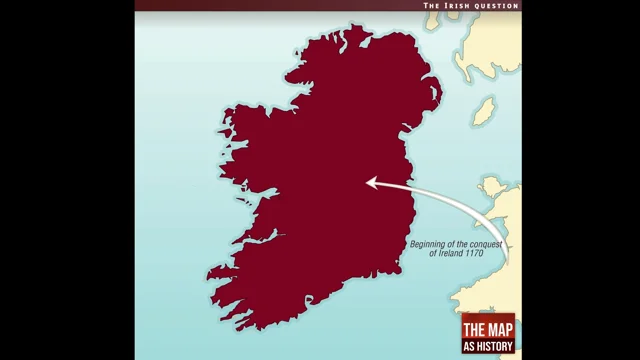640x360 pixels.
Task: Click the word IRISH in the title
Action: (x=459, y=6)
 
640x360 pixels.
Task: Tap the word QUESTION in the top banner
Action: (x=496, y=6)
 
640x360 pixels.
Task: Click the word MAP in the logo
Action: (x=497, y=332)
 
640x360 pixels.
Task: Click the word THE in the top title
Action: (x=432, y=6)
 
